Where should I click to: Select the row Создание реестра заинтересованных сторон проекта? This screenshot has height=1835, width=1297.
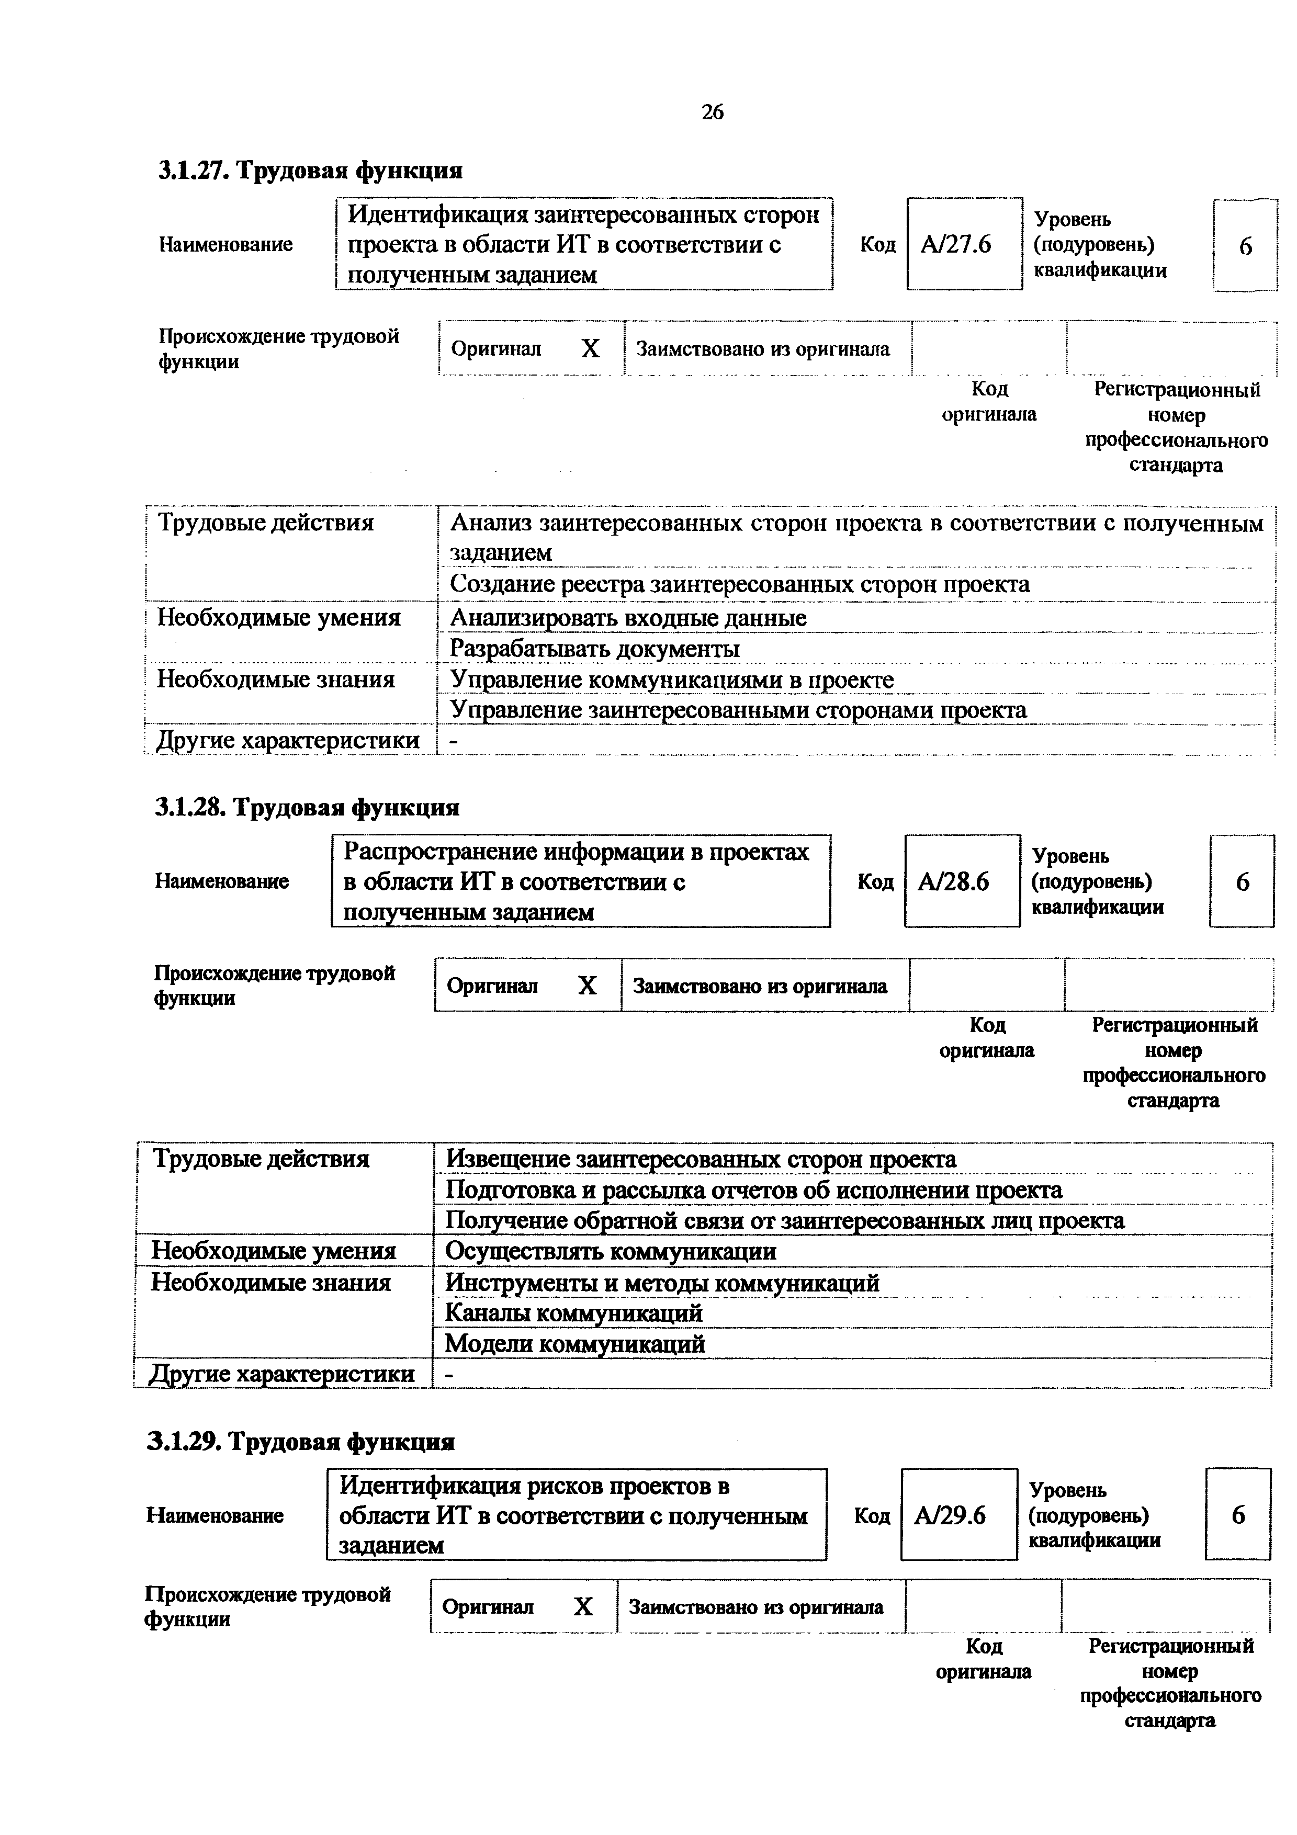tap(740, 584)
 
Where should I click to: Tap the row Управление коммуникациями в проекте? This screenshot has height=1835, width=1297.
tap(672, 679)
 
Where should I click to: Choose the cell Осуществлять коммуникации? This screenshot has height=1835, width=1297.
tap(611, 1251)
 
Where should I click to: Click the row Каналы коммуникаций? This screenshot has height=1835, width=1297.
tap(573, 1312)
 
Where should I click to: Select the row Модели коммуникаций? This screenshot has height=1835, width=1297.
tap(574, 1343)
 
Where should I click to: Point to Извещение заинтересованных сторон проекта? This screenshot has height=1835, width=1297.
tap(700, 1159)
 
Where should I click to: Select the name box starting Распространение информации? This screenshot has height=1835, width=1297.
tap(580, 881)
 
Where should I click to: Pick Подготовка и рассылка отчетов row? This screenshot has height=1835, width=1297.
tap(753, 1190)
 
